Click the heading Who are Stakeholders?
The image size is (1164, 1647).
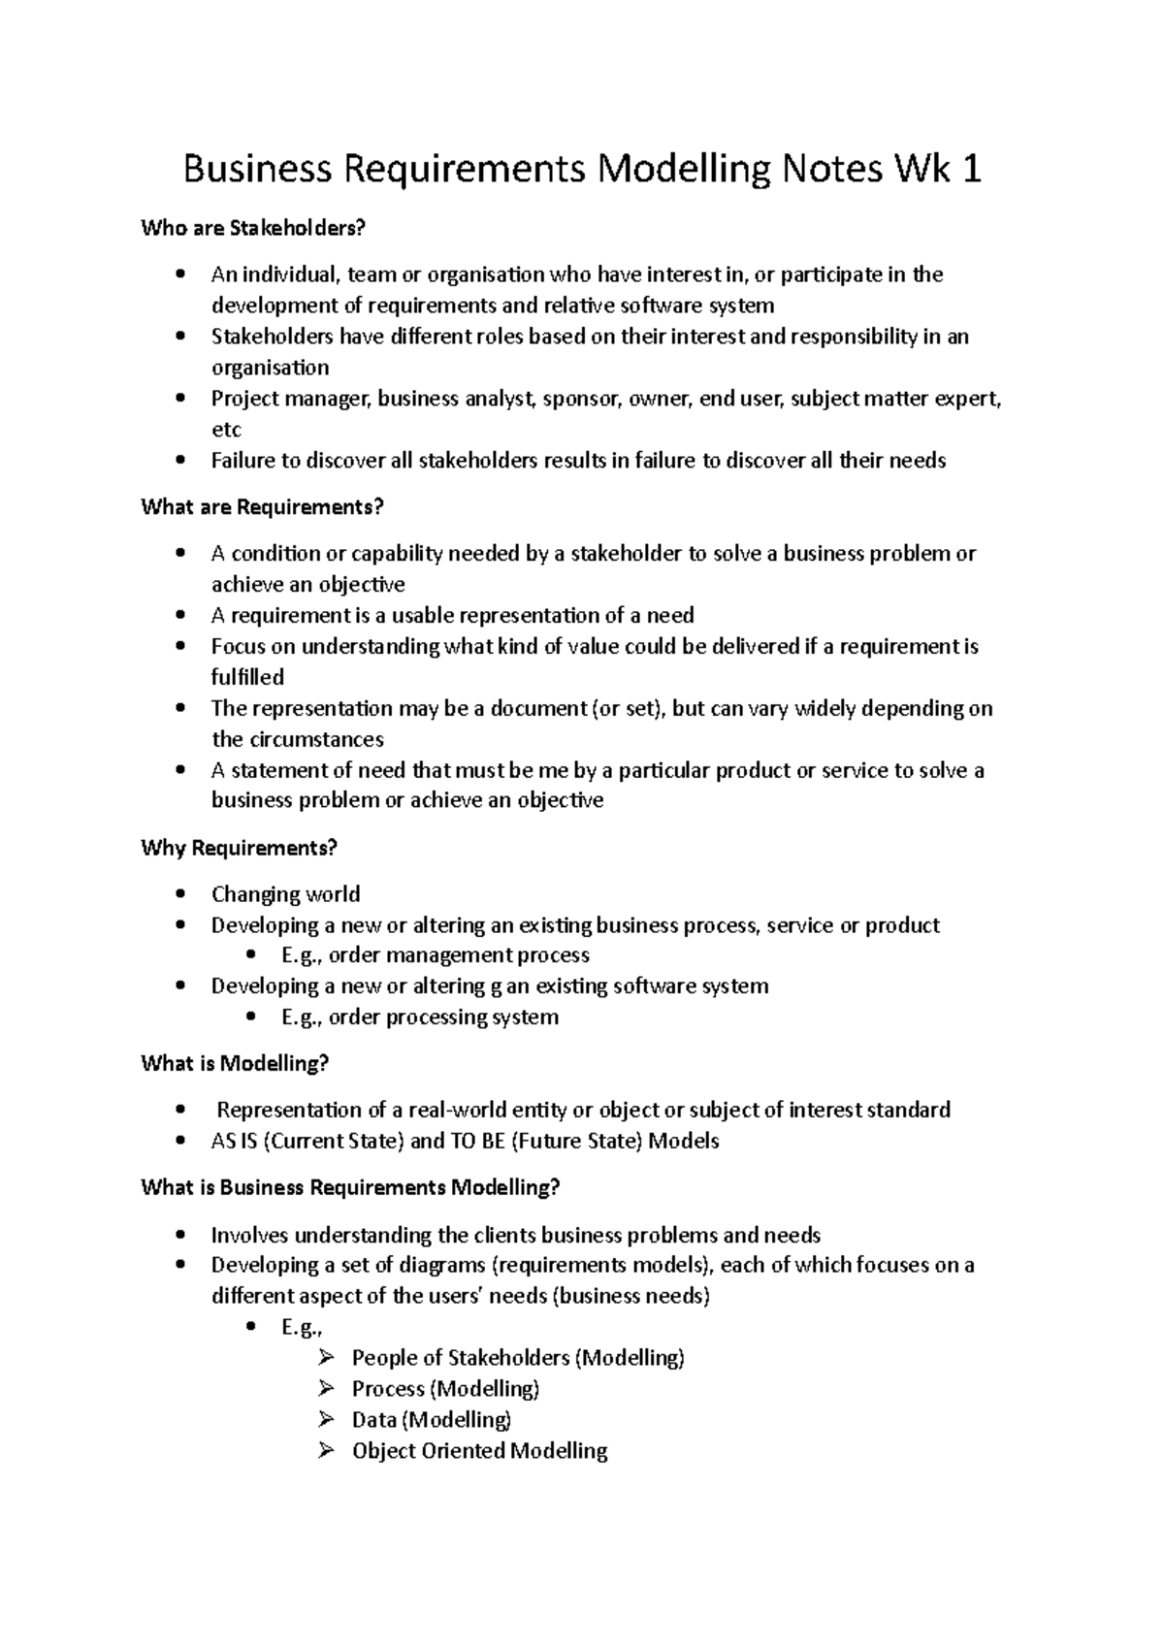tap(254, 229)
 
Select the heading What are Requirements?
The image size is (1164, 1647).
tap(263, 507)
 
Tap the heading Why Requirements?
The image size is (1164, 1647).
tap(239, 848)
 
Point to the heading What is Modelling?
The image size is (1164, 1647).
tap(235, 1064)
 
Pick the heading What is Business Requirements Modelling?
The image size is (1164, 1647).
tap(350, 1187)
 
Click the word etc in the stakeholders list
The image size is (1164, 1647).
tap(226, 430)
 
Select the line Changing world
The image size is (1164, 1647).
tap(285, 894)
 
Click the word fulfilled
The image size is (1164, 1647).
tap(247, 677)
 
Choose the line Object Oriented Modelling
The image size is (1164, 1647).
tap(479, 1451)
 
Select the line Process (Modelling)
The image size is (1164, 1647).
tap(445, 1389)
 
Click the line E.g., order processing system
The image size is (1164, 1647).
tap(419, 1017)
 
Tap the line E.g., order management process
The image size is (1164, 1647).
tap(435, 955)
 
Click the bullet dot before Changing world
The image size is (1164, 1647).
tap(180, 894)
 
